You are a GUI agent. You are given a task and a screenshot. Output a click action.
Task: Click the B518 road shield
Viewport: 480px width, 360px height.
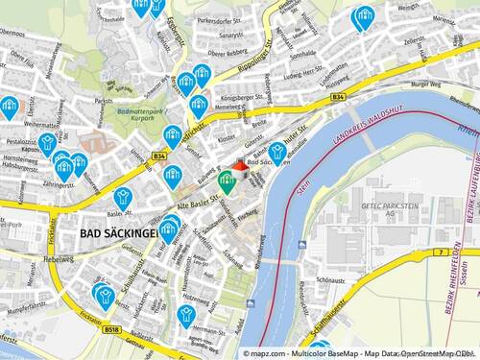112,329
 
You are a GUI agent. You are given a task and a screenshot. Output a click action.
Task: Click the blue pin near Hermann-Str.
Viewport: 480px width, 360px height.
186,314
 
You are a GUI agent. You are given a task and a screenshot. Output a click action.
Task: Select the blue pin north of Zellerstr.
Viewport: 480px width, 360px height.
364,17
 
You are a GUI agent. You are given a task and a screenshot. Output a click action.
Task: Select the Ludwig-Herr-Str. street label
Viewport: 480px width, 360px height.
306,74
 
